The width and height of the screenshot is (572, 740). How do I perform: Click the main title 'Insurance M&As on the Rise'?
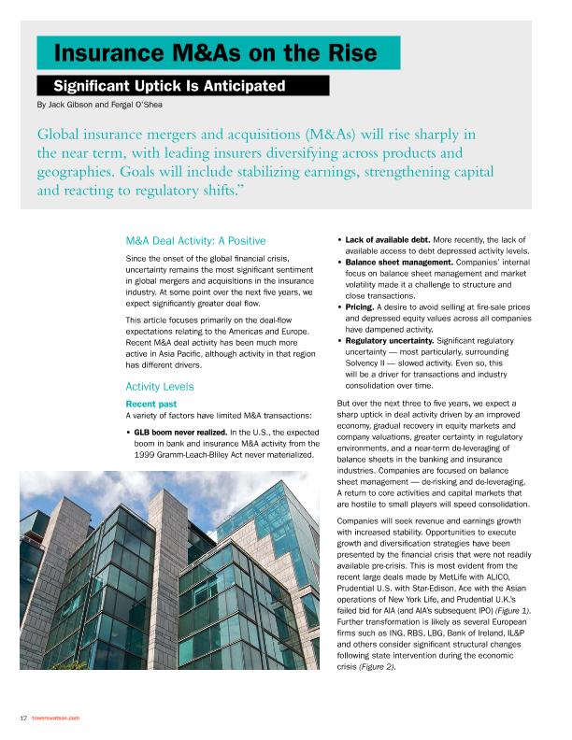click(216, 51)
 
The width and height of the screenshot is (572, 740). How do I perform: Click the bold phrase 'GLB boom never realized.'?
click(181, 406)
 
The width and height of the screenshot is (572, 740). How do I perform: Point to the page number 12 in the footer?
click(22, 718)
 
